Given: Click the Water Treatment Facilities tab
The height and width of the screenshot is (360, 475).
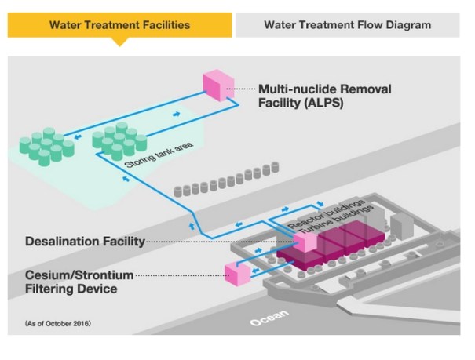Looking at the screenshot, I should click(x=119, y=25).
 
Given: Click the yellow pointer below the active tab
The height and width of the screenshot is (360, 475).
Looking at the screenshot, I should click(x=119, y=42).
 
